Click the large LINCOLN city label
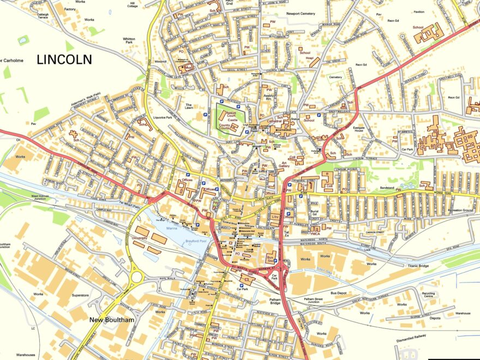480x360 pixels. [x=64, y=60]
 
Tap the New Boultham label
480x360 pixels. [x=112, y=320]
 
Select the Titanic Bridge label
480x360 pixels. [x=419, y=266]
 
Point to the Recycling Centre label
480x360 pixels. [x=429, y=296]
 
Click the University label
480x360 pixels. [x=140, y=238]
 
